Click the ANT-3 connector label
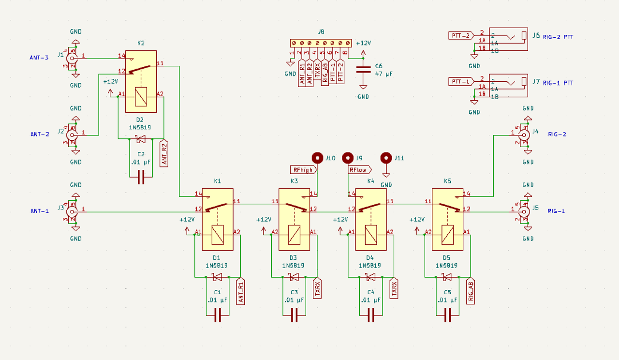click(x=39, y=58)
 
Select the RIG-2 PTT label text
click(x=558, y=37)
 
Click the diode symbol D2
click(x=140, y=139)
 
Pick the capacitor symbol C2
click(x=141, y=178)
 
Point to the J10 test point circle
click(x=317, y=158)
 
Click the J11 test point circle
click(x=386, y=158)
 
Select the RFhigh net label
click(x=304, y=170)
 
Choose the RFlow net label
click(x=360, y=170)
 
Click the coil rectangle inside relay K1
click(x=218, y=235)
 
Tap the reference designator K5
click(x=447, y=181)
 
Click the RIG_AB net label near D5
click(x=471, y=291)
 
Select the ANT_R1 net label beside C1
click(x=241, y=292)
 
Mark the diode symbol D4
click(x=370, y=277)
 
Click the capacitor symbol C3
click(x=294, y=316)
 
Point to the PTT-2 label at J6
click(x=460, y=35)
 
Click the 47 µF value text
click(x=383, y=74)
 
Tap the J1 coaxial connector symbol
click(x=72, y=59)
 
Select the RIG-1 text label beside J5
click(x=556, y=211)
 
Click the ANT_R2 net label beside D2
click(x=164, y=154)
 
